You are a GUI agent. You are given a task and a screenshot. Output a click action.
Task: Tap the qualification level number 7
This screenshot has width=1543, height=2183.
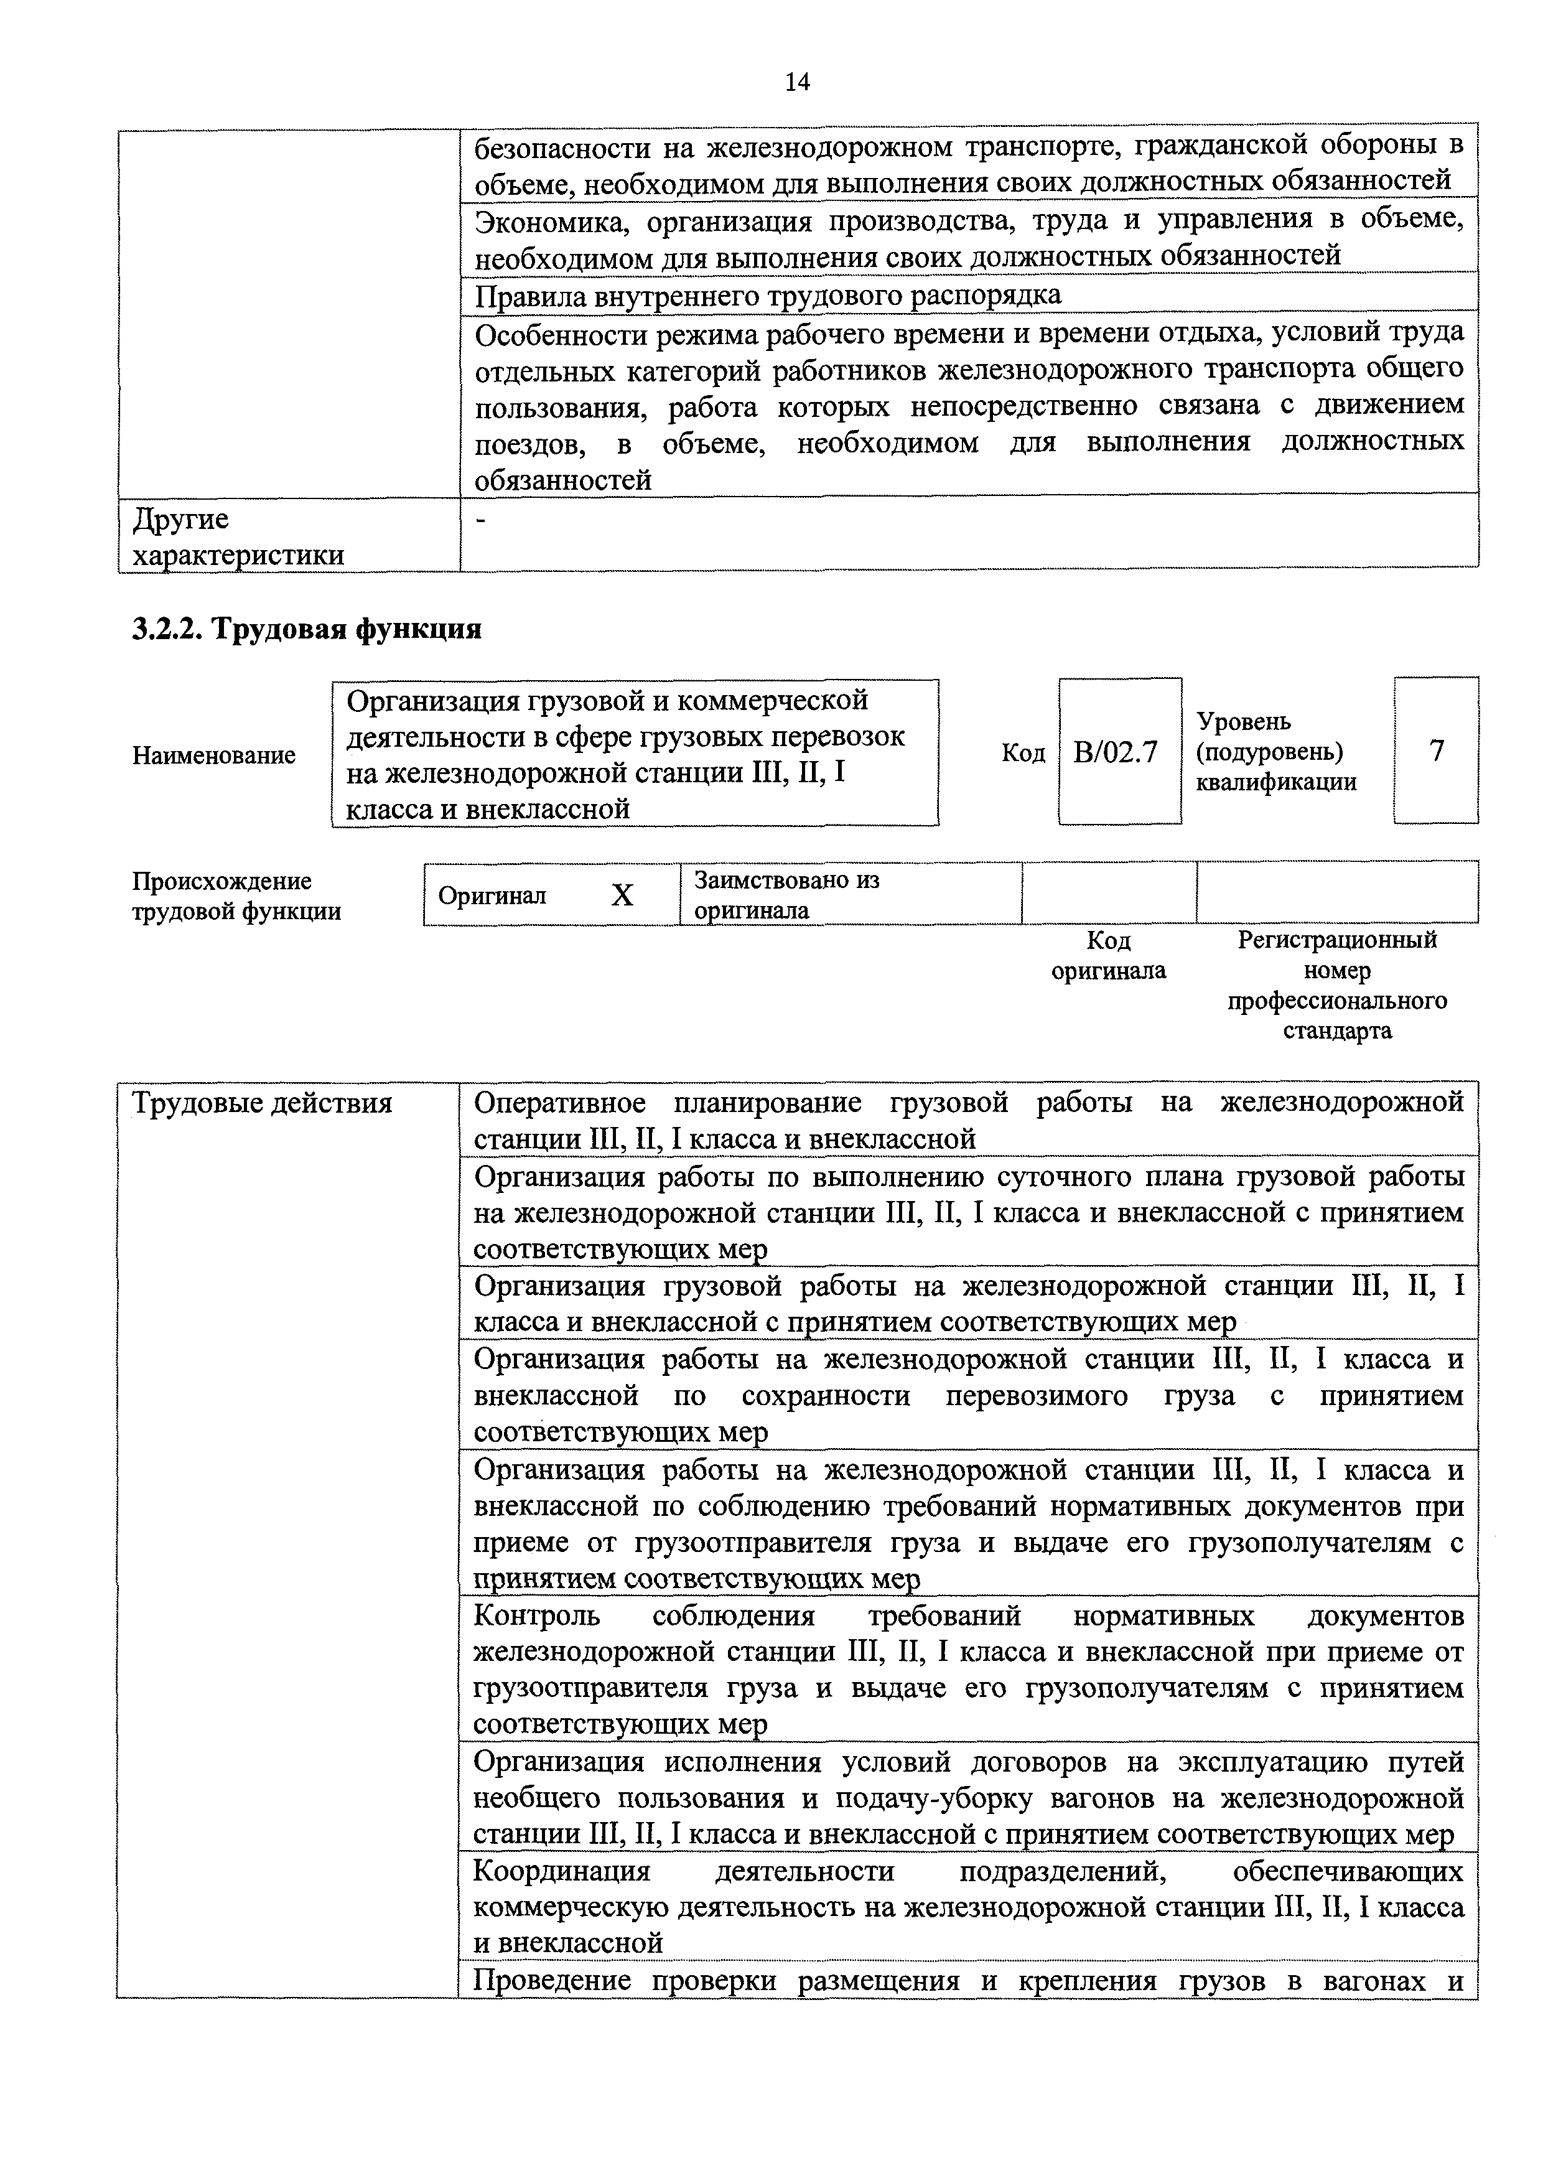1437,751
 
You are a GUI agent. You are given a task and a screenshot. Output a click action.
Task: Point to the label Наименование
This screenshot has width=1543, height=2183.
214,756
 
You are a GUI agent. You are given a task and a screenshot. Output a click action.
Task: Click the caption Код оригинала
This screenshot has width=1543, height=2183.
1109,956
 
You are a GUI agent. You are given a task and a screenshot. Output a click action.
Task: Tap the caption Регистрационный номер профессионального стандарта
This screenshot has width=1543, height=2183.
1338,985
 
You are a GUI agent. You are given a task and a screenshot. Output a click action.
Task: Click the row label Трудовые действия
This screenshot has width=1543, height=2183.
263,1103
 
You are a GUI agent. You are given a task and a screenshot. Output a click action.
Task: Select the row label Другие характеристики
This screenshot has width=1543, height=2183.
238,537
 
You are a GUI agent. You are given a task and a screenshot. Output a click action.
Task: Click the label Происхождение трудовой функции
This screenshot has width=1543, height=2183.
236,895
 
